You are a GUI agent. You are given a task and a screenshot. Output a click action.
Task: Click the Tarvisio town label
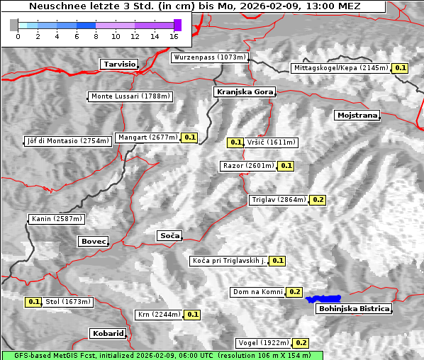coord(118,64)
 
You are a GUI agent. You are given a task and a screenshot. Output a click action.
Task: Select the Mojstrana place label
coord(357,115)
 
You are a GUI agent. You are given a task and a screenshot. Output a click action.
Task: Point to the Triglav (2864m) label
coord(279,200)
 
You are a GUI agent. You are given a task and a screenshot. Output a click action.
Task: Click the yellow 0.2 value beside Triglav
coord(318,200)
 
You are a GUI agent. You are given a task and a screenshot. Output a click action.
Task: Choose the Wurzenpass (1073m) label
coord(209,57)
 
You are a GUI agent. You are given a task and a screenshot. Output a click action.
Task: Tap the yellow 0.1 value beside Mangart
coord(189,137)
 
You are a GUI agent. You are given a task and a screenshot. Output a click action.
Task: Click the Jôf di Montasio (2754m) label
coord(67,141)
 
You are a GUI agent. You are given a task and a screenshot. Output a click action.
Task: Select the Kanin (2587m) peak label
coord(57,219)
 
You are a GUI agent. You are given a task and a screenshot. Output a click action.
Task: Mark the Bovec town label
coord(93,242)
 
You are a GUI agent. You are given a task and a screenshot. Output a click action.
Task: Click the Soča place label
coord(169,235)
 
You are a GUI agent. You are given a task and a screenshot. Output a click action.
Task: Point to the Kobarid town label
coord(108,333)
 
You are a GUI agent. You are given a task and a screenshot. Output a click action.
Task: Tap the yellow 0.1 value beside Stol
coord(33,302)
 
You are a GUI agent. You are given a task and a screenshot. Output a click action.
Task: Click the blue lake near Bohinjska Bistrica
coord(323,299)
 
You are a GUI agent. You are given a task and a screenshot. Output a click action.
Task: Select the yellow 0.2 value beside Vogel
coord(301,343)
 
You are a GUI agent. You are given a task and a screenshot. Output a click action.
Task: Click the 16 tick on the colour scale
coord(174,35)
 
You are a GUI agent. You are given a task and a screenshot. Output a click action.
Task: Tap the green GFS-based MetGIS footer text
coord(162,355)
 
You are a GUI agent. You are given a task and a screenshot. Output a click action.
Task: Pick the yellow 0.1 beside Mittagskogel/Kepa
coord(401,68)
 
